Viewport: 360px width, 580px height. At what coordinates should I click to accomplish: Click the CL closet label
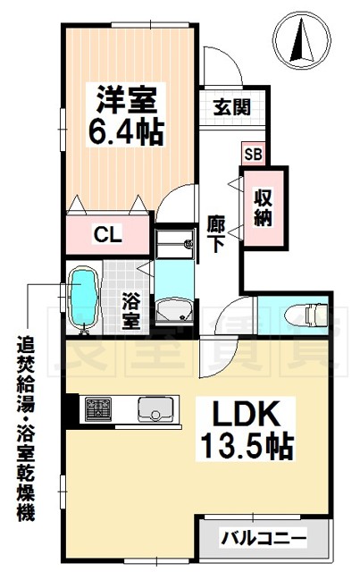[109, 236]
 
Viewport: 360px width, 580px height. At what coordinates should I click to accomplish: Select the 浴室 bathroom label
[130, 308]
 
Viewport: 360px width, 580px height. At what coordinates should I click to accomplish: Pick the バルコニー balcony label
[264, 539]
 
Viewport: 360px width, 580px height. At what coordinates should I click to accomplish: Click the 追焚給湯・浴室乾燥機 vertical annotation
[21, 429]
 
